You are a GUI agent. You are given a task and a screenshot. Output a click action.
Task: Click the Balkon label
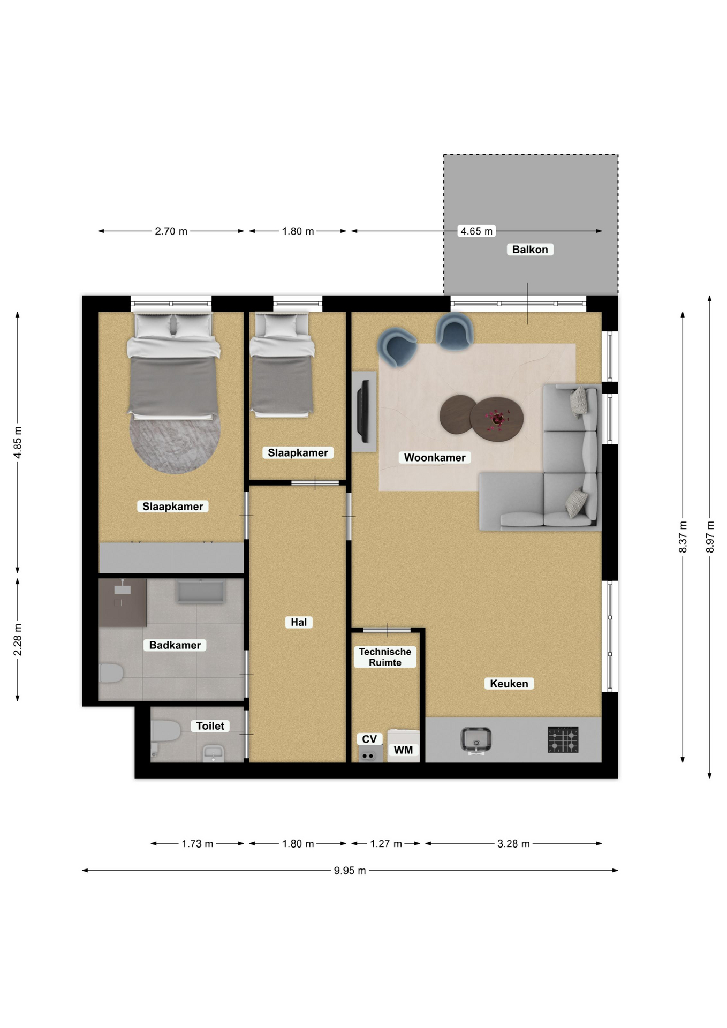(x=530, y=250)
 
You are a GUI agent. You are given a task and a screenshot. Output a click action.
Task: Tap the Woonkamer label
(x=435, y=458)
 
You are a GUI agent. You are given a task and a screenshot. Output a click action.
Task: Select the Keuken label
(x=509, y=684)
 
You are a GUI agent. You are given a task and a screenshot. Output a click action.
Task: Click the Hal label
(x=299, y=622)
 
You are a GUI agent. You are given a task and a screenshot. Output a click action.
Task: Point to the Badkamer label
(x=175, y=645)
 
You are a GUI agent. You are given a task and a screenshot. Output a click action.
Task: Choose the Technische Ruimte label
(x=385, y=657)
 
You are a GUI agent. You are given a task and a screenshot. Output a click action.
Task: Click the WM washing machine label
(x=403, y=750)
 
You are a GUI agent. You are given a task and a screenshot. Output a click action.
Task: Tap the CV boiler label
(x=369, y=739)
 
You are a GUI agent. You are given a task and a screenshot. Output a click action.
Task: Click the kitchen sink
(x=476, y=740)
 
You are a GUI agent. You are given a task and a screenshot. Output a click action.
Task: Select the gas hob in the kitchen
(x=563, y=739)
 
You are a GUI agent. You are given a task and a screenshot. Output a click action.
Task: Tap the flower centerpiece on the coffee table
(x=498, y=418)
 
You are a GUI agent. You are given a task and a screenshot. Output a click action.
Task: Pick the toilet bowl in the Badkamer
(x=111, y=673)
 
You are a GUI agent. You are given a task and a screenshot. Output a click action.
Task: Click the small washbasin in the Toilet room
(x=213, y=753)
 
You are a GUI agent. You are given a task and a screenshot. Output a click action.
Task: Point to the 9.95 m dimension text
(x=350, y=871)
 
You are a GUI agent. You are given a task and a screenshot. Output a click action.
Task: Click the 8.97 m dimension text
(x=710, y=536)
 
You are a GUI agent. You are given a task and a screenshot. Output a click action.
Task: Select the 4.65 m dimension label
(x=476, y=231)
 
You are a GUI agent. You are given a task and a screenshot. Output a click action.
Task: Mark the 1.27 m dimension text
(x=386, y=844)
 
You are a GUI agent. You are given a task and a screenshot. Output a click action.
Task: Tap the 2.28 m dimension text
(x=18, y=639)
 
